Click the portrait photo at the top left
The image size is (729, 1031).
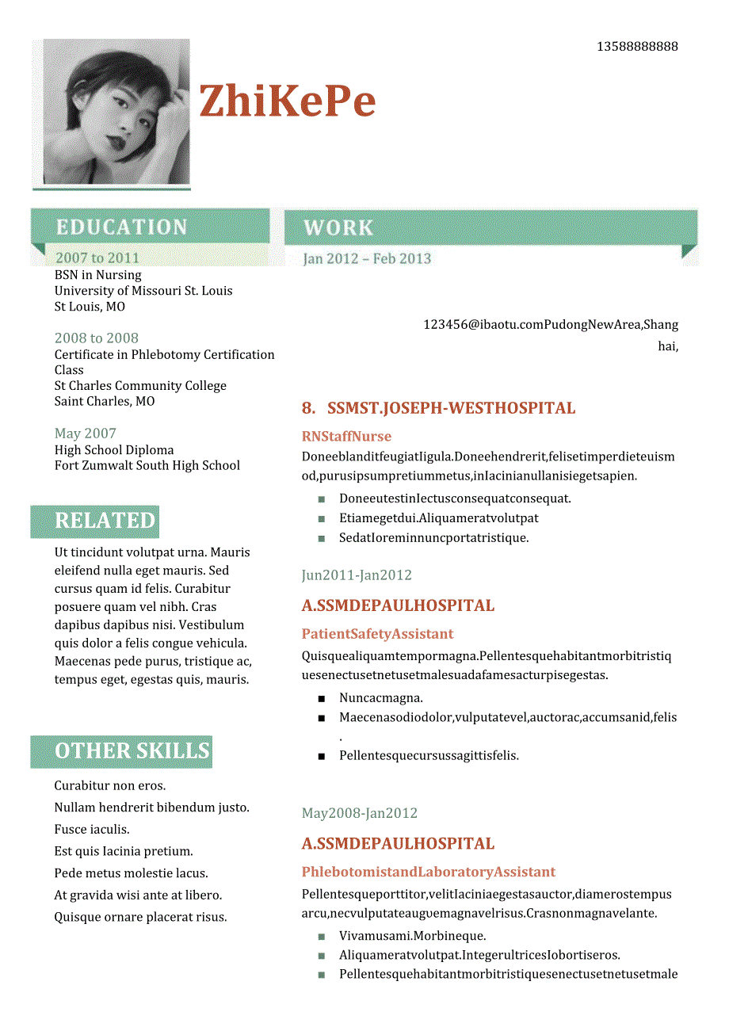pyautogui.click(x=116, y=112)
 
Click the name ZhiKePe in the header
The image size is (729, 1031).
pyautogui.click(x=287, y=101)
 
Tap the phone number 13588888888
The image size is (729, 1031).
pyautogui.click(x=637, y=47)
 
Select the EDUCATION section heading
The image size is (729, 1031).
pyautogui.click(x=122, y=227)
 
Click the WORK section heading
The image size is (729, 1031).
pyautogui.click(x=338, y=228)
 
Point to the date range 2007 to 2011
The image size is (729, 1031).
pyautogui.click(x=97, y=258)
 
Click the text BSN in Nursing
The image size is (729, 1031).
pyautogui.click(x=98, y=275)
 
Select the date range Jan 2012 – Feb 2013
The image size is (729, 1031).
pyautogui.click(x=367, y=258)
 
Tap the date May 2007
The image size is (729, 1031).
pyautogui.click(x=86, y=433)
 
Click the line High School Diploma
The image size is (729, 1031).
pyautogui.click(x=114, y=450)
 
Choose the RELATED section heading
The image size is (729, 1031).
pyautogui.click(x=105, y=521)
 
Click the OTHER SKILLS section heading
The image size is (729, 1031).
pyautogui.click(x=132, y=751)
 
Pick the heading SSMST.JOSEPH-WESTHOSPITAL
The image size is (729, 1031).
pyautogui.click(x=451, y=409)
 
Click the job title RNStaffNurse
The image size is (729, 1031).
pyautogui.click(x=346, y=437)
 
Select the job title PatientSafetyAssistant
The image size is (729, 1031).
pyautogui.click(x=377, y=634)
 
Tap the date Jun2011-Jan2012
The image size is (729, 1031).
pyautogui.click(x=357, y=575)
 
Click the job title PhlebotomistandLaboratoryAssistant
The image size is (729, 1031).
pyautogui.click(x=428, y=872)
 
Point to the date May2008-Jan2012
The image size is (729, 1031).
pyautogui.click(x=359, y=813)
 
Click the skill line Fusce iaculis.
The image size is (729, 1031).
pyautogui.click(x=92, y=830)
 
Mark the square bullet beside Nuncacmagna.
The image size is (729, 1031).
pyautogui.click(x=322, y=698)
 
